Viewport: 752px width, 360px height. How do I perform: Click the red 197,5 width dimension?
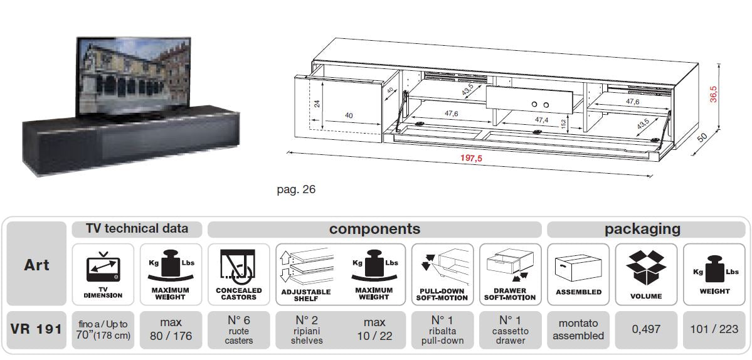pos(472,158)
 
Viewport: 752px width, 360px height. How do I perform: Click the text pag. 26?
pos(296,189)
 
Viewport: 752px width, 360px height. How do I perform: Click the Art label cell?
pos(36,265)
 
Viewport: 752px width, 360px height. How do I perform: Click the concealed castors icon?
pos(238,267)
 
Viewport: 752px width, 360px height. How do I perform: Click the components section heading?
pos(374,229)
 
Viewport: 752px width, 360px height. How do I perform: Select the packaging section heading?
pos(642,229)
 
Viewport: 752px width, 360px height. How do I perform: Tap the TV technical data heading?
pos(137,229)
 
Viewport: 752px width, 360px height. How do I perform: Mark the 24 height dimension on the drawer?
pos(317,104)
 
